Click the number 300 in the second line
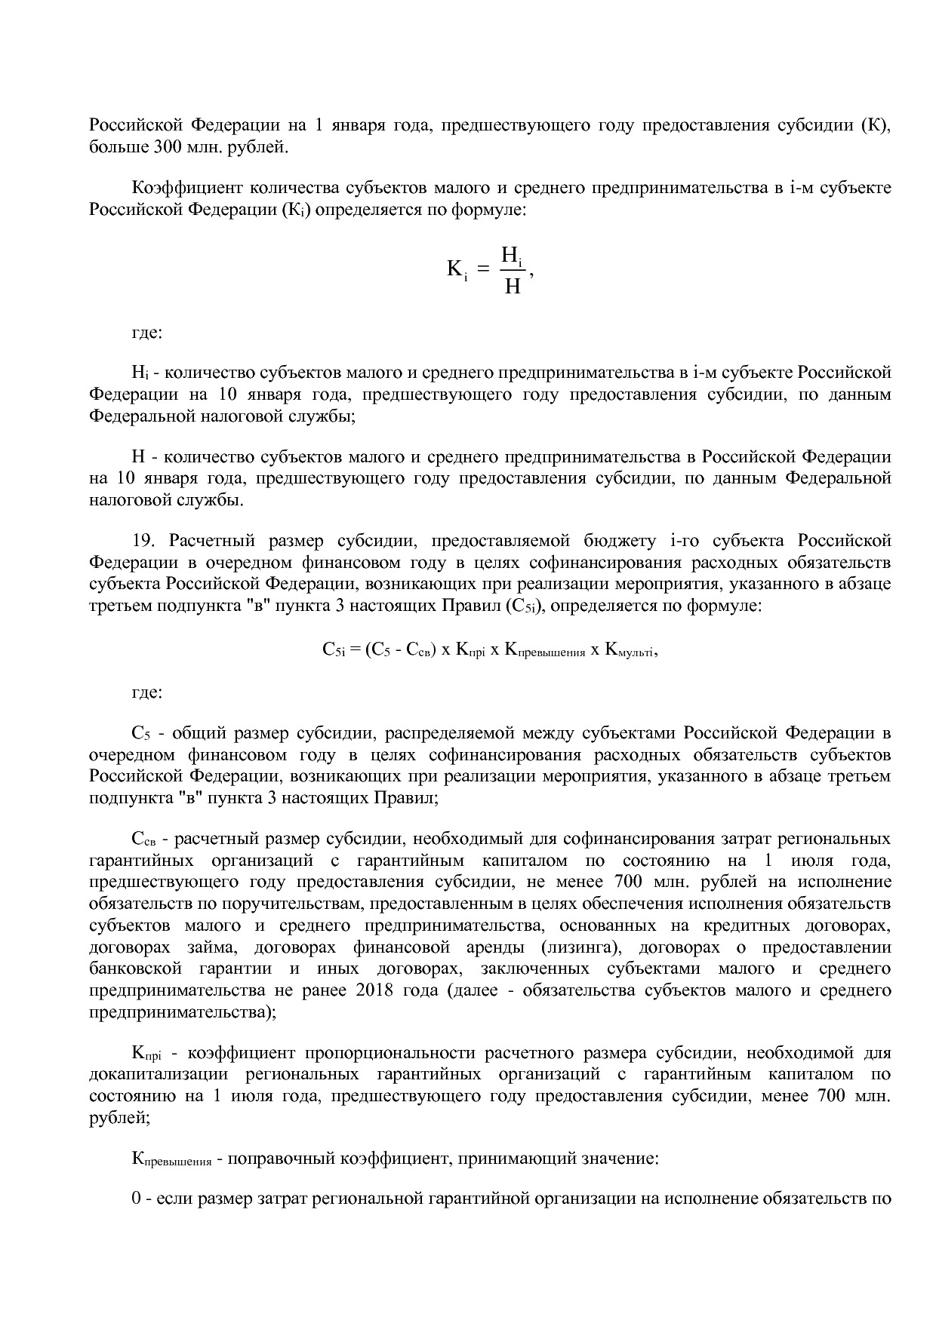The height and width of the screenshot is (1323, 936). (165, 146)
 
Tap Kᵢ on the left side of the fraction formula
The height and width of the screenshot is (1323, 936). (457, 269)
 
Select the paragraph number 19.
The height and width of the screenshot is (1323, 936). (143, 541)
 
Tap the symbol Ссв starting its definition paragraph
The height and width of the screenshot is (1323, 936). (143, 840)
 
